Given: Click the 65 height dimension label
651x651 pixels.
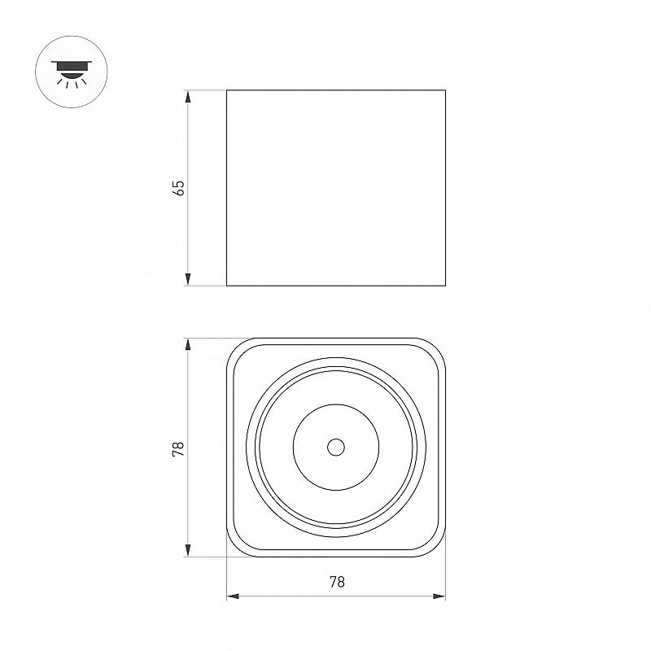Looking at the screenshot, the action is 180,188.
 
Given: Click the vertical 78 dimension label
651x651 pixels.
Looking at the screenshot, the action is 178,449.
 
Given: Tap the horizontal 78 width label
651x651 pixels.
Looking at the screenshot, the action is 337,582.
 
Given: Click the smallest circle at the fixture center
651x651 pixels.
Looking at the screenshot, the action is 336,447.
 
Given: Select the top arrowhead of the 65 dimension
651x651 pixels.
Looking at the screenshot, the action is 188,96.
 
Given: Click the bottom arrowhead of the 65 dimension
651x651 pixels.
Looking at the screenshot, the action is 188,279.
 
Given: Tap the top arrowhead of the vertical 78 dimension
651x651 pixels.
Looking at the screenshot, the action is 188,345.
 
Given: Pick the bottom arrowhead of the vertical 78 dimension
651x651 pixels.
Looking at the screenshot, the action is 188,550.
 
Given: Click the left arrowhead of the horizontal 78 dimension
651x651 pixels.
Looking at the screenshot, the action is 233,596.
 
